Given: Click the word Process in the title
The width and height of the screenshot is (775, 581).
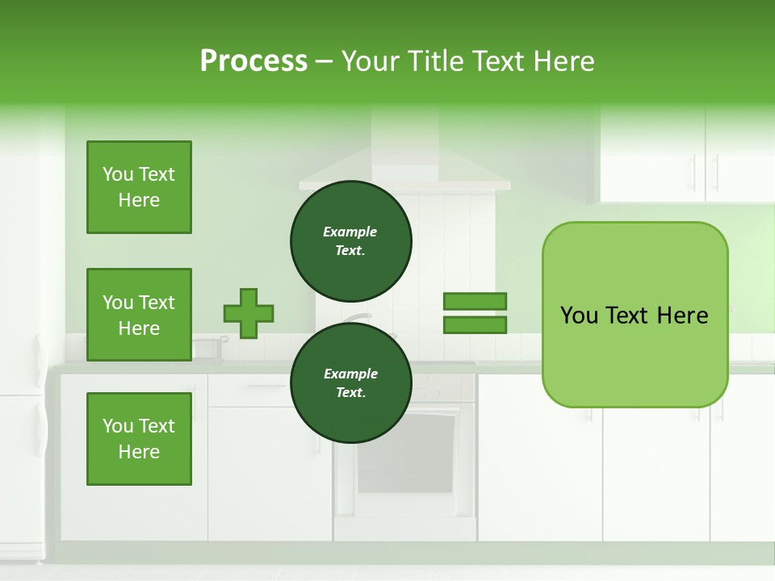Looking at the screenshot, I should tap(253, 61).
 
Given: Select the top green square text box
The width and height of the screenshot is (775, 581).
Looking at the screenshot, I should tap(139, 187).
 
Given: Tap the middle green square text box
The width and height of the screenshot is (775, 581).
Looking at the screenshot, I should tap(139, 315).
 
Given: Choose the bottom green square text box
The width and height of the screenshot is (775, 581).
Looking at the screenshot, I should tap(139, 439).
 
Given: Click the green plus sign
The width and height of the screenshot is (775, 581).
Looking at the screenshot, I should tap(249, 313).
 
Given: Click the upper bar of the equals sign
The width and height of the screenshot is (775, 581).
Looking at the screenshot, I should tap(475, 301).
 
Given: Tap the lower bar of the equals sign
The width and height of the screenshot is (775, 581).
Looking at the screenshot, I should tap(475, 325).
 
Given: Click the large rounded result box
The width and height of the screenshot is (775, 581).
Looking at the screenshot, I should tap(635, 355).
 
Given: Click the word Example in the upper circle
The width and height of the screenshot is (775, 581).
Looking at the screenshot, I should tap(350, 232).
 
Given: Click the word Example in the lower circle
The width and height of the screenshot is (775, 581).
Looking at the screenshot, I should tap(350, 374).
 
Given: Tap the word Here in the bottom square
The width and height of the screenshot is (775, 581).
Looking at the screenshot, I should tap(139, 452).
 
